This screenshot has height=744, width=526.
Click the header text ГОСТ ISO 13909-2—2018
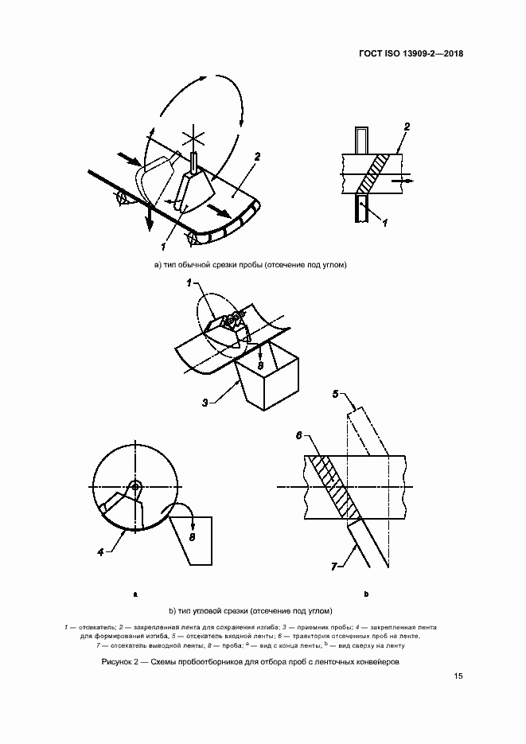click(x=411, y=53)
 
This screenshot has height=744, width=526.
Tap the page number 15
click(x=458, y=676)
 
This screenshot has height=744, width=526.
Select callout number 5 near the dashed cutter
click(x=336, y=394)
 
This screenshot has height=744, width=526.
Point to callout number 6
click(x=299, y=435)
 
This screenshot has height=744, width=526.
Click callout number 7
click(x=334, y=567)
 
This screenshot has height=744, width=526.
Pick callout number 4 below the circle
click(x=100, y=552)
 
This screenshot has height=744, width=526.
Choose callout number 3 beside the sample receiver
click(x=205, y=403)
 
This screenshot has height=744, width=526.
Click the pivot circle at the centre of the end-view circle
click(x=135, y=486)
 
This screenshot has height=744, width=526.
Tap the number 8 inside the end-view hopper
click(x=192, y=538)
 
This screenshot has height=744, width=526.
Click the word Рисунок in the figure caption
click(x=116, y=662)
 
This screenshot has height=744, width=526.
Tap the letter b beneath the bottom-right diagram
click(x=366, y=594)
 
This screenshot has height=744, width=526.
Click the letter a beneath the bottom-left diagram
click(x=135, y=594)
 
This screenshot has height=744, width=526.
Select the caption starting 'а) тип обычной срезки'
click(x=251, y=265)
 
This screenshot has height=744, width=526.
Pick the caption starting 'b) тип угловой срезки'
click(x=251, y=610)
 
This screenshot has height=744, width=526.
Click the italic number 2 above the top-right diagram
click(x=407, y=127)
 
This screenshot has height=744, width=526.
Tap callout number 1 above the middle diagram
click(x=189, y=283)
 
